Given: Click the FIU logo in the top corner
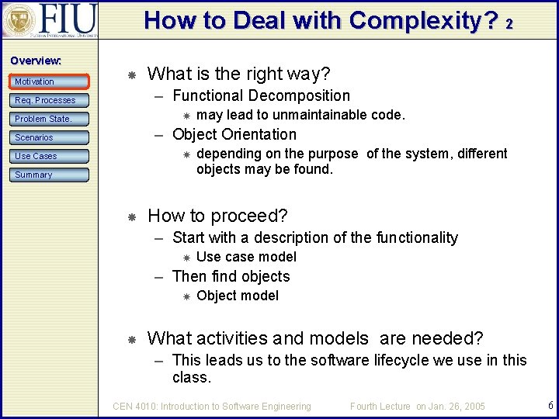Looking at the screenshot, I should [x=50, y=20].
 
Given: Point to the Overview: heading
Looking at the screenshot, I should [x=36, y=61].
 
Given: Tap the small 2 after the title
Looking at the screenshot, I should [x=509, y=25].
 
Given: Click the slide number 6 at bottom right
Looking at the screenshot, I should [x=550, y=405].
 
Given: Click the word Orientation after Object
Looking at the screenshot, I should [x=259, y=134].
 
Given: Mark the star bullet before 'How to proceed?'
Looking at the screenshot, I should [x=132, y=216].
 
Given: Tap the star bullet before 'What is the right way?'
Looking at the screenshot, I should [x=132, y=75].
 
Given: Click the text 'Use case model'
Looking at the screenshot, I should [x=246, y=257].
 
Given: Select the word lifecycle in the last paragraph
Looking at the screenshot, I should [x=395, y=360].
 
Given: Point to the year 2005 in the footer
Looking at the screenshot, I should [x=470, y=406].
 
